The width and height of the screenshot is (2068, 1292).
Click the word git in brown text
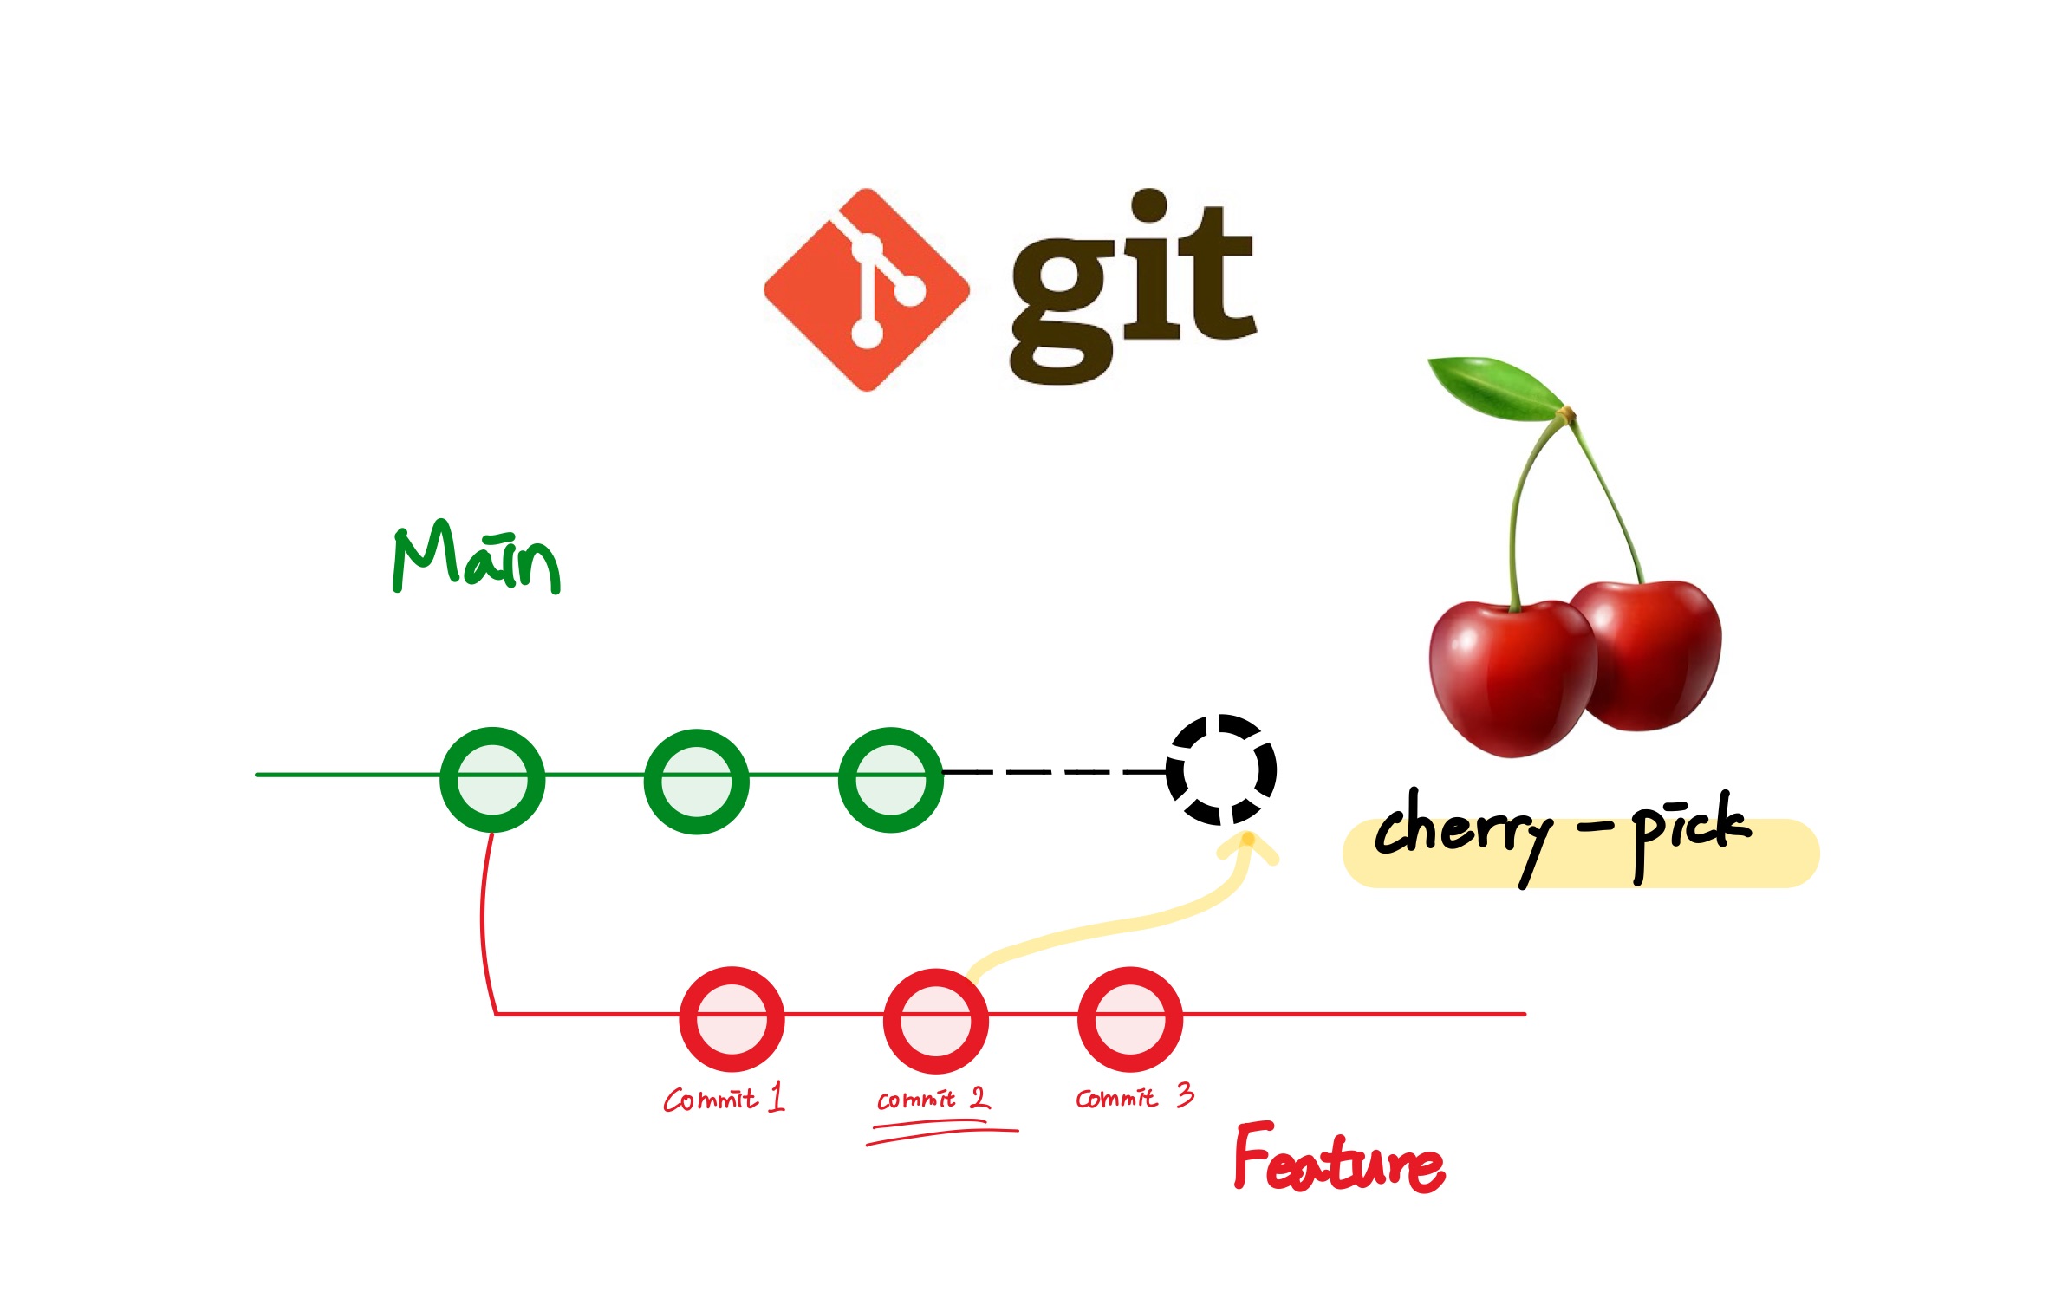[1131, 286]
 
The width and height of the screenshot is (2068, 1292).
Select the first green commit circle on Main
[492, 779]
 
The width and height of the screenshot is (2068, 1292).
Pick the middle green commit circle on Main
[696, 781]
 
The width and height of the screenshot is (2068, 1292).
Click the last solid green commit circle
[890, 779]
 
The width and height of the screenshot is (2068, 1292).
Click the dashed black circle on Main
[1220, 769]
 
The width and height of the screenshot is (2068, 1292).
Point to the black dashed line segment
[1053, 770]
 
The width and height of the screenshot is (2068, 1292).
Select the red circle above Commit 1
[732, 1018]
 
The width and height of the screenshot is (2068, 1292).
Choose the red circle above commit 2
[935, 1020]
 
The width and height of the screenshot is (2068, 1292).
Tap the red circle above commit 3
[1129, 1018]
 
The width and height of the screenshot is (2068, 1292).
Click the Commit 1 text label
[723, 1098]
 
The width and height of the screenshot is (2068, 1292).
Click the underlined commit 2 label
[932, 1099]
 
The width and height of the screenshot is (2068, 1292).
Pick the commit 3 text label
[1134, 1097]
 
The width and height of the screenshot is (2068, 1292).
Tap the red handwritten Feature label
[1338, 1159]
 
